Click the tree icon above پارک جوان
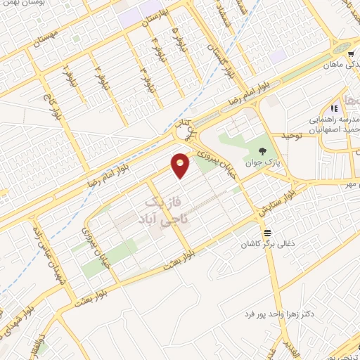(x=262, y=151)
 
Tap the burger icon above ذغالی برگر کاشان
(x=266, y=232)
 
